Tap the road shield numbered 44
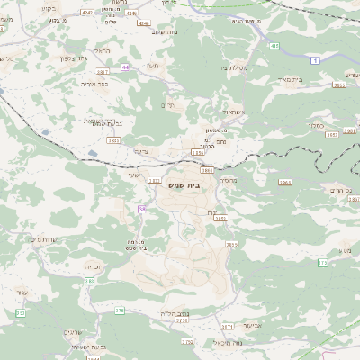[125, 67]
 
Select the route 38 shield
[141, 210]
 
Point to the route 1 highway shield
[316, 60]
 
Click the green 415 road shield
[274, 45]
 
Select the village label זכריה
[93, 266]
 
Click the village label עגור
[22, 292]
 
